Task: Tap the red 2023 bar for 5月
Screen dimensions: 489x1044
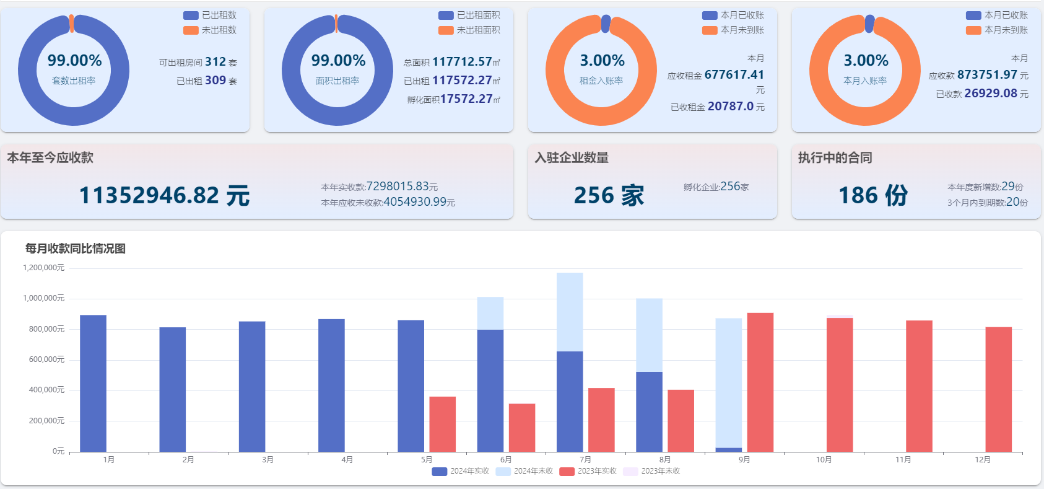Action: tap(442, 424)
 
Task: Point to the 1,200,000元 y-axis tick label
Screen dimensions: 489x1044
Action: tap(44, 268)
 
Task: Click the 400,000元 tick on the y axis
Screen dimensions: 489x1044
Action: tap(46, 390)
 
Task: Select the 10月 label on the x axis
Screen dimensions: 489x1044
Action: tap(824, 460)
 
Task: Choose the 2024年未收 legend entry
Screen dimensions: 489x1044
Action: tap(524, 471)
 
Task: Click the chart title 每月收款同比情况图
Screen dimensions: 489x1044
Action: tap(76, 249)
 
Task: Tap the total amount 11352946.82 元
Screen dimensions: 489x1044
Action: tap(164, 195)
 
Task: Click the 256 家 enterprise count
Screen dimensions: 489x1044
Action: tap(609, 195)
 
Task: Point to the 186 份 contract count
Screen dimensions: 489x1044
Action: tap(872, 195)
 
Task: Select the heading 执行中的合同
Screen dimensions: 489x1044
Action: tap(835, 157)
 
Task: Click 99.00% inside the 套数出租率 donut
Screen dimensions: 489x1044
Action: tap(74, 60)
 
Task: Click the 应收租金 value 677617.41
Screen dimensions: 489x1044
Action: tap(734, 75)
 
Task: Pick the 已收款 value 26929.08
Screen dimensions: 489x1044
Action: tap(990, 94)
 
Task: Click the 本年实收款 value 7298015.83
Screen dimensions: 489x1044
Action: tap(398, 187)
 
